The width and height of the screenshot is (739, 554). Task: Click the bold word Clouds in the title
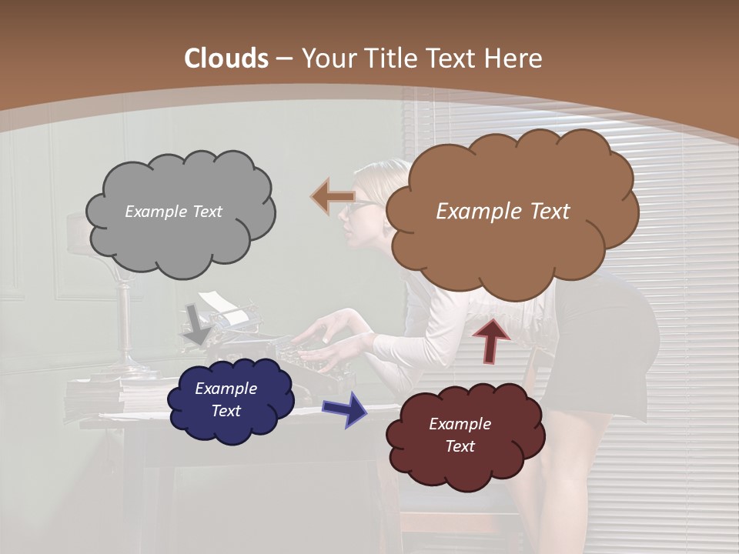(x=226, y=58)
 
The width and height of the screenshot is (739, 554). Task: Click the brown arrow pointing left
(x=332, y=197)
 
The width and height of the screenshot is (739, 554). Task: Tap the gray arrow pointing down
(x=198, y=324)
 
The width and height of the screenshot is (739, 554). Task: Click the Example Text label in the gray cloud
(x=173, y=212)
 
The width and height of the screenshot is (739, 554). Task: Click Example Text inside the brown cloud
(x=503, y=212)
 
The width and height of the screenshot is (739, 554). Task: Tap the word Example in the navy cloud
(x=226, y=389)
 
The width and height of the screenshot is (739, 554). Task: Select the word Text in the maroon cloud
(x=460, y=446)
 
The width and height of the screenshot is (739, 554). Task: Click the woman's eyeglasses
(x=359, y=206)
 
